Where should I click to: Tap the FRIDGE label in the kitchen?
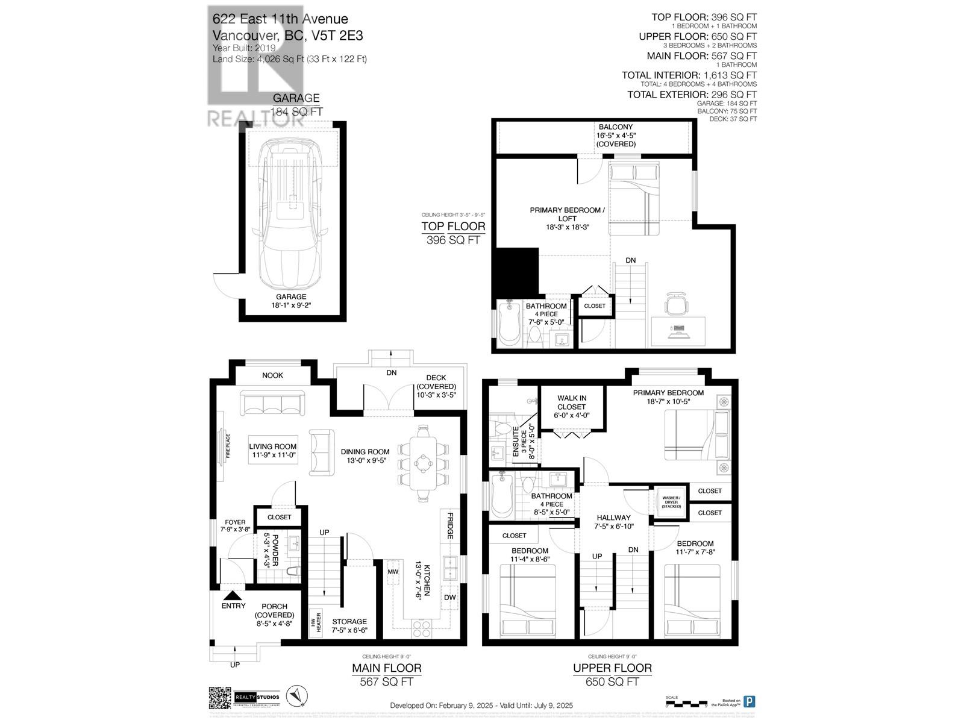(449, 526)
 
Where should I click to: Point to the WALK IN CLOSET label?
(571, 402)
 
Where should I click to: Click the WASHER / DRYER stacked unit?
(670, 501)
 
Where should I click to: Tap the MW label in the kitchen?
(393, 571)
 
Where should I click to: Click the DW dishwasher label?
(449, 597)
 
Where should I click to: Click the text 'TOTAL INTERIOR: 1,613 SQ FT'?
(689, 75)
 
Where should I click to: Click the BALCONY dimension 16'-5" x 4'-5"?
(615, 136)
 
